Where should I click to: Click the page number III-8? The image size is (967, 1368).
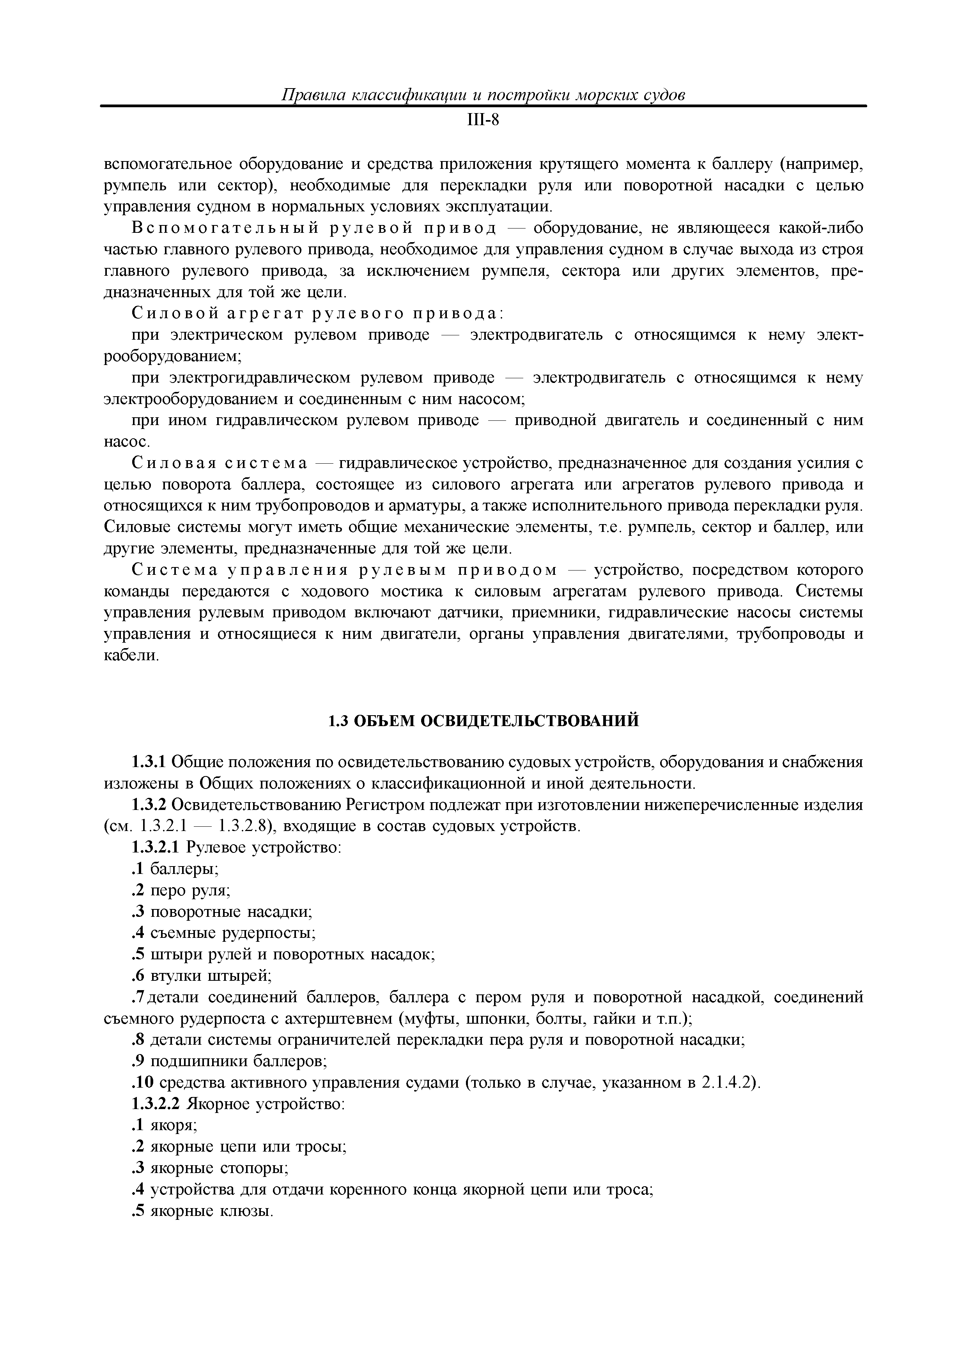483,121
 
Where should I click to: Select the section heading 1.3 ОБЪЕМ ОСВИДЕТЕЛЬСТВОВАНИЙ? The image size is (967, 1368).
483,721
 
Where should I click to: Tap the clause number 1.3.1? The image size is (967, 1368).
150,762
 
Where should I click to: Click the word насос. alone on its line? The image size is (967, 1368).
127,442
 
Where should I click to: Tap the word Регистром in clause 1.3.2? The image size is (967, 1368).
386,805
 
